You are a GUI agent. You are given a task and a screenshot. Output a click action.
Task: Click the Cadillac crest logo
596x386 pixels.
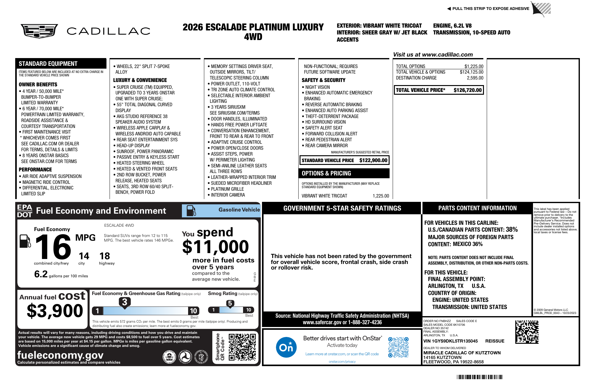coord(39,31)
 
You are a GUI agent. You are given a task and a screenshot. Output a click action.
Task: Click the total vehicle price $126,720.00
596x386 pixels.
coord(467,90)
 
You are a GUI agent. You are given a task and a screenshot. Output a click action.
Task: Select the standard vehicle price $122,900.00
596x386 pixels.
coord(373,160)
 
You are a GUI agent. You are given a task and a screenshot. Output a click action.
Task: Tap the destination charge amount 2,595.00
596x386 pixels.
coord(475,78)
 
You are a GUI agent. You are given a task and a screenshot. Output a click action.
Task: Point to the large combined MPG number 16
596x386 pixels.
coord(53,247)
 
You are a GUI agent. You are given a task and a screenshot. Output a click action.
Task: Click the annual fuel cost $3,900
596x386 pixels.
coord(55,311)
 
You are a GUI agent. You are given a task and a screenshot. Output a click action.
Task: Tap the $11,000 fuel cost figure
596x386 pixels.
coord(215,247)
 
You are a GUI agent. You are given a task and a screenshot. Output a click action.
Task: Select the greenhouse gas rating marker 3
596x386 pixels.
coord(124,302)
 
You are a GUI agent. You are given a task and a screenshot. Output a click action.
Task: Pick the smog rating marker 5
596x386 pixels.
coord(230,303)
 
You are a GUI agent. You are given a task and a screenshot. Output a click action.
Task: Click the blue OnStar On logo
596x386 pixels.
coord(286,347)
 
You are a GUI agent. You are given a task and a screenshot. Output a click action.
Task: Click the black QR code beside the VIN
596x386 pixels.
coord(527,332)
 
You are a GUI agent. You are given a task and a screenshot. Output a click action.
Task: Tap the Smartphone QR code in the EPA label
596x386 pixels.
coord(242,347)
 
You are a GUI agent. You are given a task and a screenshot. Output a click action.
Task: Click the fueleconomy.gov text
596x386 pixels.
coord(60,355)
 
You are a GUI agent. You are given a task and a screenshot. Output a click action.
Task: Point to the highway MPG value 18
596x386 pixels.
coord(105,256)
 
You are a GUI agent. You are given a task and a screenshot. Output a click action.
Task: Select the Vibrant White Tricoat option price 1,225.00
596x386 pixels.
coord(381,196)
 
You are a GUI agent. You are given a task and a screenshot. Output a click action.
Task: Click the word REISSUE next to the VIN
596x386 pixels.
coord(494,341)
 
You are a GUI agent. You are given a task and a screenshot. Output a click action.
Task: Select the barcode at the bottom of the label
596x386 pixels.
coord(480,377)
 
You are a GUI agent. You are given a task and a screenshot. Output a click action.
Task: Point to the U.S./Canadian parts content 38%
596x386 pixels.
coord(512,229)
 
